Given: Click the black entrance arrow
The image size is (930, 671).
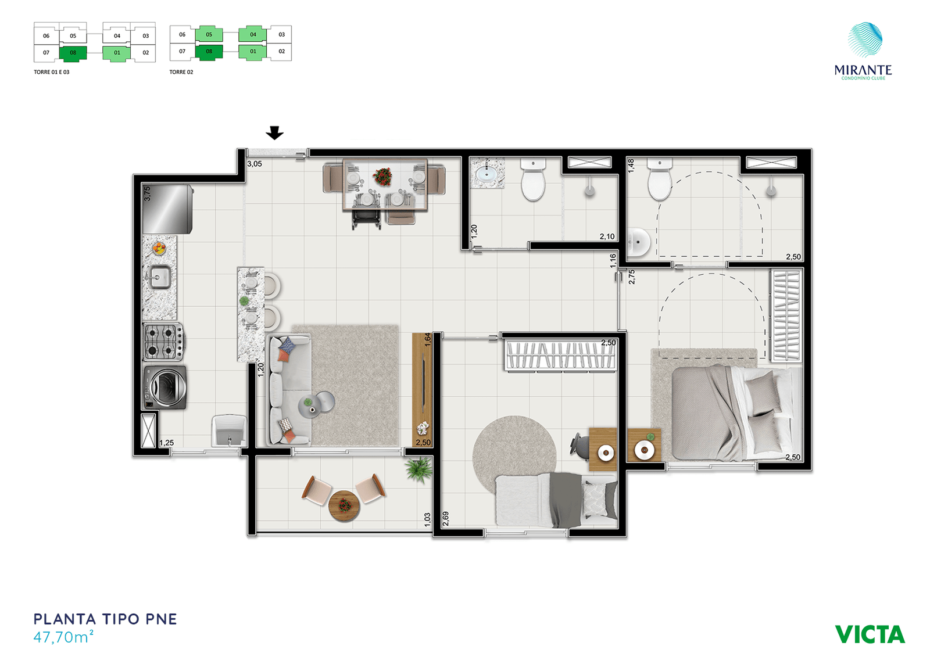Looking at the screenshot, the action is [274, 133].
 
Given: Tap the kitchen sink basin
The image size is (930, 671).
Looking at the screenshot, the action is [160, 277].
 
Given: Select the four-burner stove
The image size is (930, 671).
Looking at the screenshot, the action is [163, 342].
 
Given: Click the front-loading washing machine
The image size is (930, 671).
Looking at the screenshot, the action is [165, 387].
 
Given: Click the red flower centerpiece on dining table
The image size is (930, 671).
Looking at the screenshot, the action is [382, 176].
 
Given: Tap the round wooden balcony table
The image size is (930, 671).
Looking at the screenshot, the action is [344, 506].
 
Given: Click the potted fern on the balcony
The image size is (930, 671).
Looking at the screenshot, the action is [419, 469].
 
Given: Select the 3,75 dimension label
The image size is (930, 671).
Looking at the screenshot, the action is [147, 194].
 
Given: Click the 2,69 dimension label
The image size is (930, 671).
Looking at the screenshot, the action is [445, 519].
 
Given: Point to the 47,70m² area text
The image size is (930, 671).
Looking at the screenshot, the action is [63, 637].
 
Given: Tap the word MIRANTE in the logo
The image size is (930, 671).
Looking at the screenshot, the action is [863, 70].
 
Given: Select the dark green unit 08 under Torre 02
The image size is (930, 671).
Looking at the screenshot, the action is [209, 52].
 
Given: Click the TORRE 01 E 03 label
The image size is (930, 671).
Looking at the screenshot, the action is [52, 72].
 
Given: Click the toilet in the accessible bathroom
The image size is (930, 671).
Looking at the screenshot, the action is [660, 180].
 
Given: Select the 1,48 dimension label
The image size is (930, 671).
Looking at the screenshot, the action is [631, 166].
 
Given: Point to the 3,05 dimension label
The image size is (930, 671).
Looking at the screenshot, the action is [255, 164].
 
